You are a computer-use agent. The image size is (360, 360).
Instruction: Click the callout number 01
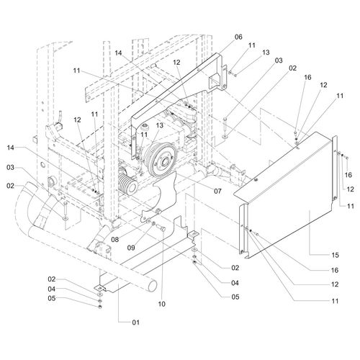pos(136,323)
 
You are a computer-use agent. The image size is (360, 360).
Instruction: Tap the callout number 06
pos(238,37)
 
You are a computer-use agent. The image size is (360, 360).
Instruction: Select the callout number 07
pos(217,191)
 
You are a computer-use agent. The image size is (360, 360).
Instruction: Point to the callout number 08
pos(115,239)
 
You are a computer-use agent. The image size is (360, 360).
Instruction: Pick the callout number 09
pos(131,248)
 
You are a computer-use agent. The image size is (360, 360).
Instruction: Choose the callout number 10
pos(162,304)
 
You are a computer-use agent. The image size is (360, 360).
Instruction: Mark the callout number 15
pos(335,255)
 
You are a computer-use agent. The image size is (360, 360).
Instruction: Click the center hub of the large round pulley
pos(165,162)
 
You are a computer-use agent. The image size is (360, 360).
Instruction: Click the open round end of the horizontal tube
pos(152,285)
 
